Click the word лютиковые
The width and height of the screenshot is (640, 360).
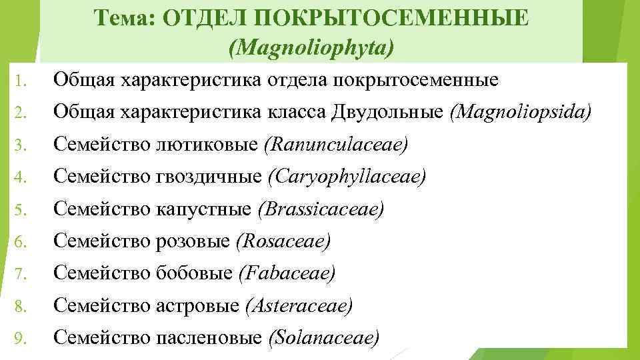tap(209, 145)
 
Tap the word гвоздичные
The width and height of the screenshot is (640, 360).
tap(211, 177)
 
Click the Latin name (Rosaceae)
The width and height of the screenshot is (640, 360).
tap(283, 241)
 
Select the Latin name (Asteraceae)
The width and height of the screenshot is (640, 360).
tap(298, 305)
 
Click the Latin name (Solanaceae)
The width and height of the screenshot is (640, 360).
tap(323, 337)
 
